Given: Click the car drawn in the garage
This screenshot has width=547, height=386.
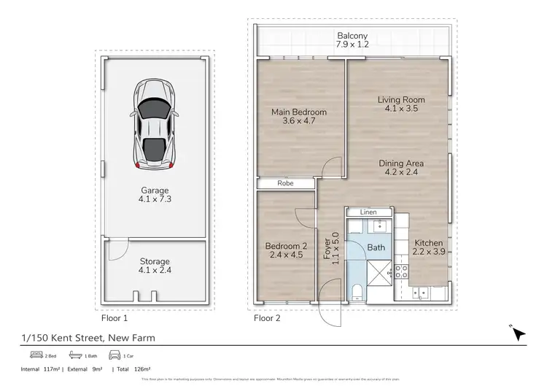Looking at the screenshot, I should [x=153, y=126].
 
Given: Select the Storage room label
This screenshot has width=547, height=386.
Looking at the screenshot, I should [x=155, y=266].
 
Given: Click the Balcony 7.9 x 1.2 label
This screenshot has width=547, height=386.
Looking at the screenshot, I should [x=352, y=40].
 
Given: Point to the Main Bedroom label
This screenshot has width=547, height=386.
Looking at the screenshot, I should [x=298, y=117].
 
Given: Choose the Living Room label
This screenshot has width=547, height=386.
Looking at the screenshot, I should [x=400, y=104].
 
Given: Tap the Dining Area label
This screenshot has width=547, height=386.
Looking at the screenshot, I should [x=400, y=168].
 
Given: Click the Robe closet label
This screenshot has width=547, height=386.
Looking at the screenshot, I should [x=286, y=185].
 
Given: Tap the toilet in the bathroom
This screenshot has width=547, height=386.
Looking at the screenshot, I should [x=355, y=293].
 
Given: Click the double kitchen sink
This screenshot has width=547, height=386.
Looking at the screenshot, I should [x=421, y=293].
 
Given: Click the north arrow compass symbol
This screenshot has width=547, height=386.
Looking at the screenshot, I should [x=519, y=333].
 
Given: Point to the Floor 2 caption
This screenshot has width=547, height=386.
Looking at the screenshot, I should [x=267, y=318].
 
